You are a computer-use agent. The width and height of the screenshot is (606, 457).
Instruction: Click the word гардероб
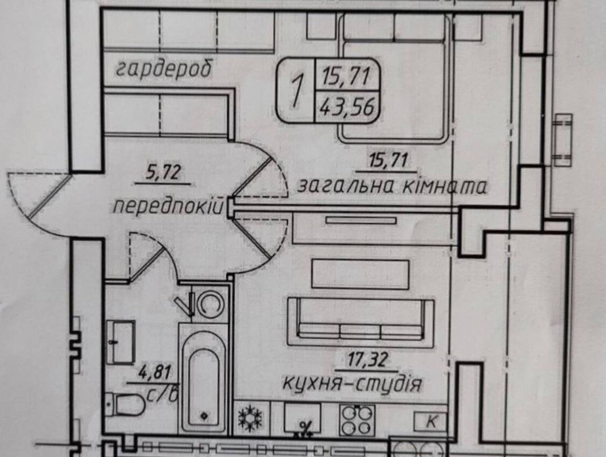tap(164, 70)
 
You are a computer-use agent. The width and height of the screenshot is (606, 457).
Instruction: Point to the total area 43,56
tap(347, 107)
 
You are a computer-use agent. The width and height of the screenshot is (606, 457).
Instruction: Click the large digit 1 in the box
tap(297, 90)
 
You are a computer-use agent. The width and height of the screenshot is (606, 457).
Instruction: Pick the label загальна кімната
tap(392, 187)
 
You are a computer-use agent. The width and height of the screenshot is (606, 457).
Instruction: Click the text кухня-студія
tap(353, 384)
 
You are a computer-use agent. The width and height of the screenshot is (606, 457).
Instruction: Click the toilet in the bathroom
tap(124, 405)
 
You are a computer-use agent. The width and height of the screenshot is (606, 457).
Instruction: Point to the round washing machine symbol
tap(211, 302)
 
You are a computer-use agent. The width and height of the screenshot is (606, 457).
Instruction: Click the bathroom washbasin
tap(120, 342)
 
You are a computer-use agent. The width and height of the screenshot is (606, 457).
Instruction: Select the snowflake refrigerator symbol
tap(250, 418)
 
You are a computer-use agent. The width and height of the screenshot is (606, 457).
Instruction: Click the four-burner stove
tap(356, 420)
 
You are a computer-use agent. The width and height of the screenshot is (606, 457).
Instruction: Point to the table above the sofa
tap(360, 274)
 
